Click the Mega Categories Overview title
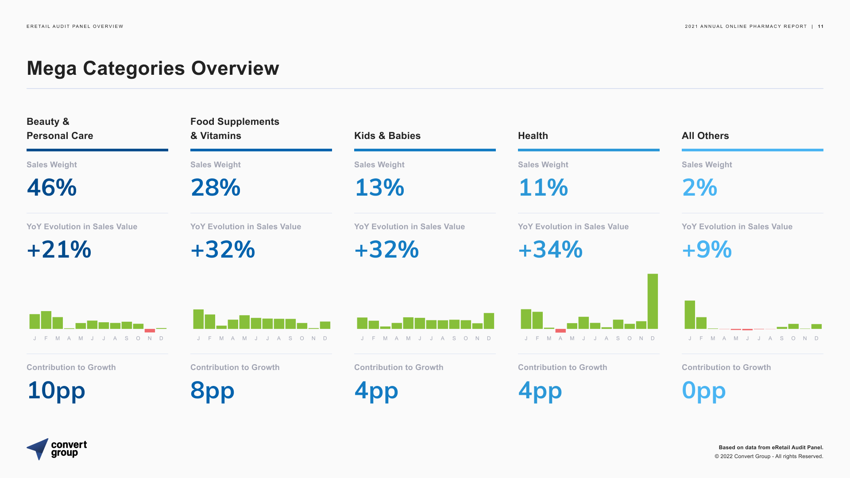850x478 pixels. point(153,69)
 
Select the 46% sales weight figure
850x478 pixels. point(52,187)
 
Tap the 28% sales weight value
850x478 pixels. point(216,187)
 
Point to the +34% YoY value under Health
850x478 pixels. point(550,249)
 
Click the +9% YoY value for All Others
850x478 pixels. point(707,249)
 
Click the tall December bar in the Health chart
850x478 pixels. point(653,301)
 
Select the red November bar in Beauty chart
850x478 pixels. point(150,331)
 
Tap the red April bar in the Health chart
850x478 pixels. point(560,331)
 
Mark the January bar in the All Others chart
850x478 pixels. point(690,315)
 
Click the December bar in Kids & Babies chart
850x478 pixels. point(489,321)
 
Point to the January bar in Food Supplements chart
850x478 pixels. point(198,319)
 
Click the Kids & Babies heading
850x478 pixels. point(387,136)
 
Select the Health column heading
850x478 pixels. point(533,136)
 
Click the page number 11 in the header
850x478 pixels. point(821,27)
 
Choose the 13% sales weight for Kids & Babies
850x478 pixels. point(379,187)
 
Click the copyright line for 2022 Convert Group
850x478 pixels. point(769,456)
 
